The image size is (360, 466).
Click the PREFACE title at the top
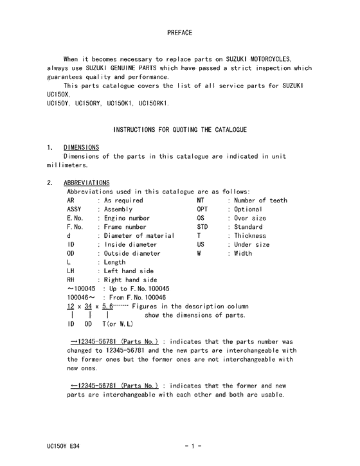coord(179,31)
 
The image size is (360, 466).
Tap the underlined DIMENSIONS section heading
coord(82,147)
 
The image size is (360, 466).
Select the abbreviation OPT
coord(203,210)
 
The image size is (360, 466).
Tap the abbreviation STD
coord(203,227)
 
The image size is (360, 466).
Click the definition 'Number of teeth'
coord(260,201)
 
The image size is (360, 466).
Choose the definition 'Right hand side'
coord(130,280)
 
